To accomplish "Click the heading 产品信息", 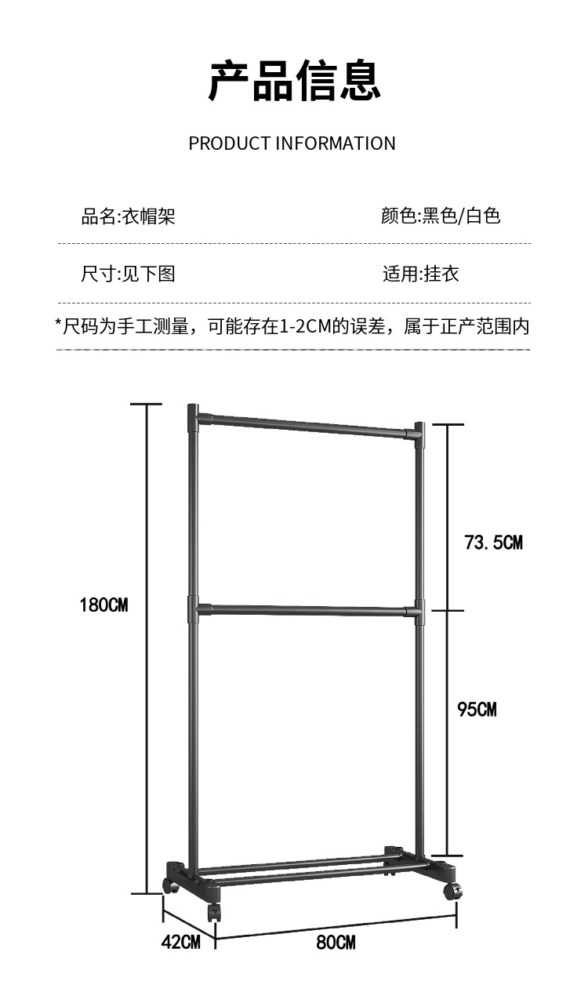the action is click(294, 80).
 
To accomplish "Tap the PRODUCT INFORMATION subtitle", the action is click(292, 144).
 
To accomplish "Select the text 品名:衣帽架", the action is click(128, 216).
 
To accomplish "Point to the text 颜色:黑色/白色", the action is click(440, 216).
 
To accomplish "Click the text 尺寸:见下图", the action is click(128, 274).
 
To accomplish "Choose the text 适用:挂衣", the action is click(420, 274).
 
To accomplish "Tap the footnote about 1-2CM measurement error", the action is click(292, 325).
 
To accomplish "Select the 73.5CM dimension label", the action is click(493, 542).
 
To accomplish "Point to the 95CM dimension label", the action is click(477, 709).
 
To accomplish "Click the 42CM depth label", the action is click(180, 942).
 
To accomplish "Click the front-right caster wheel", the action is click(451, 891).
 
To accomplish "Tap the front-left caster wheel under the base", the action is click(213, 913).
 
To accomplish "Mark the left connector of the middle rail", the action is click(194, 608).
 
